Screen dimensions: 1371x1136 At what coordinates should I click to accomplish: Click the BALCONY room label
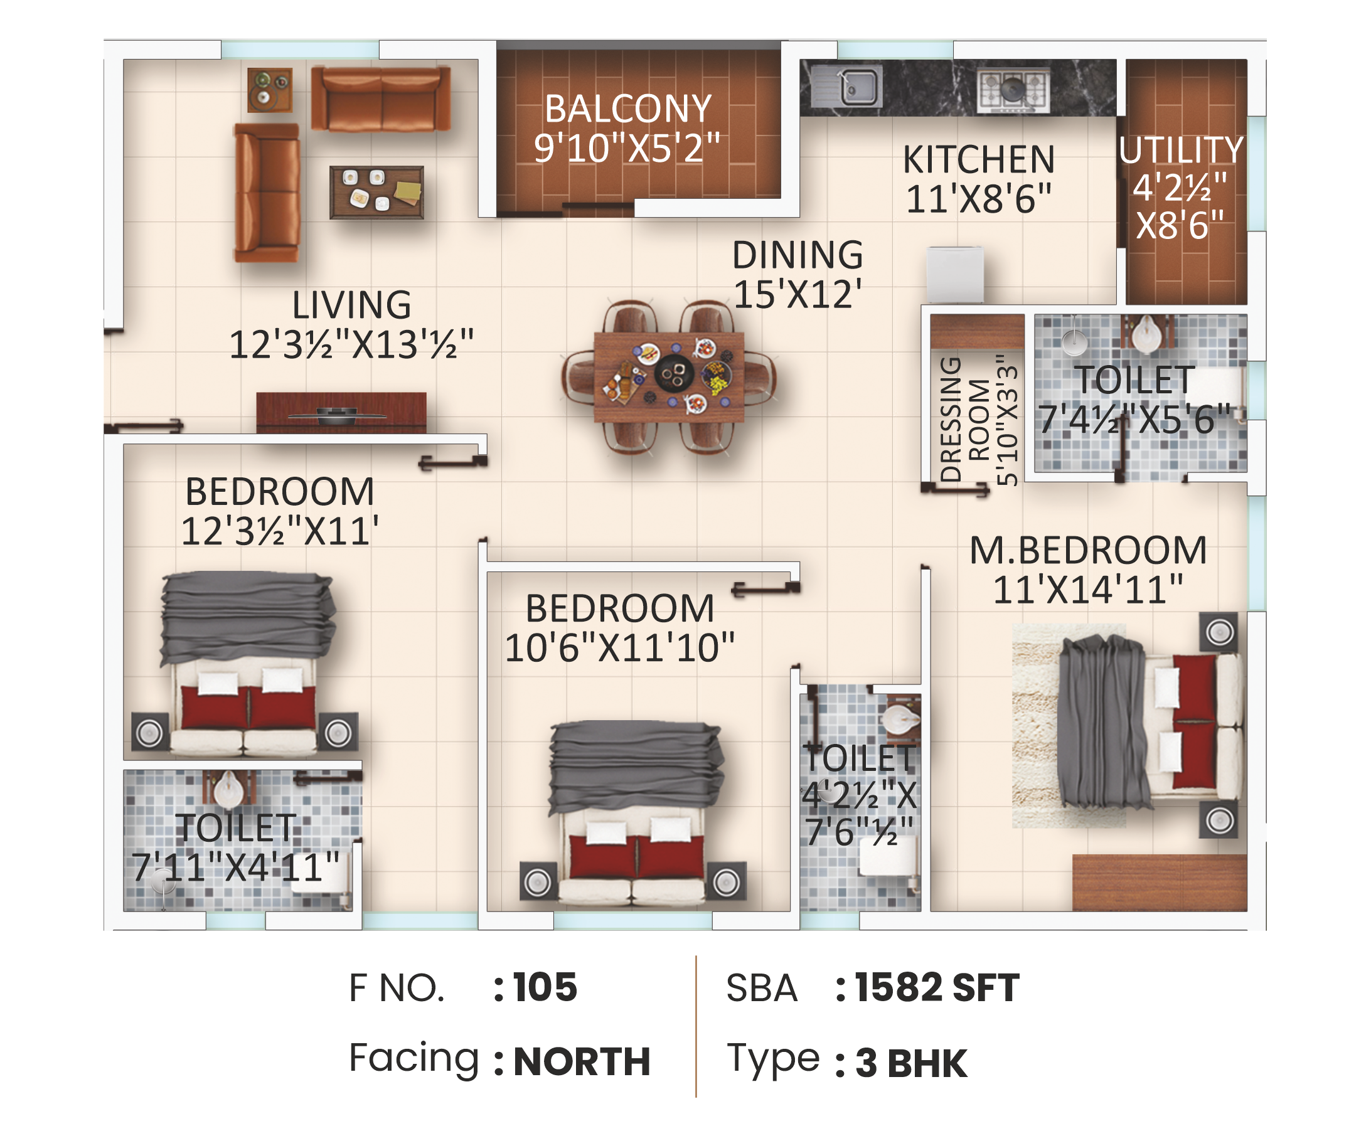coord(627,109)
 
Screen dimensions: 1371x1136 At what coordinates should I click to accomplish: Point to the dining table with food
coord(668,377)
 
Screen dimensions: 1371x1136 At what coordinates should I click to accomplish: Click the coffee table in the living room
coord(376,193)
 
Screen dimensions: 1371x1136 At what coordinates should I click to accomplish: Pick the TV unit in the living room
coord(341,412)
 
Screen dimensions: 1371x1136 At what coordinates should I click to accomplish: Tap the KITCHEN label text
coord(979,159)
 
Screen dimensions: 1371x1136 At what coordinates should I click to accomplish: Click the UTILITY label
coord(1181,150)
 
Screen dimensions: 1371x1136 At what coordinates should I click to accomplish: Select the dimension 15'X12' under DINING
coord(798,294)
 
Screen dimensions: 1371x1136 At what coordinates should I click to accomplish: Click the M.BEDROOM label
coord(1088,550)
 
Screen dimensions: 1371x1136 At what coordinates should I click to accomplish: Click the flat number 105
coord(545,987)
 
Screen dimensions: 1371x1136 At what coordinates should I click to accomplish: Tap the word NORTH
coord(582,1061)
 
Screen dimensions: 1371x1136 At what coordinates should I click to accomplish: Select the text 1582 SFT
coord(937,987)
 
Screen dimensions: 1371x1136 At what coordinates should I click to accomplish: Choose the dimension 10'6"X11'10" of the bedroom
coord(619,648)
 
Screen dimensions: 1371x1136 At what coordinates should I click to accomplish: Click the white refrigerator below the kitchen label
coord(955,275)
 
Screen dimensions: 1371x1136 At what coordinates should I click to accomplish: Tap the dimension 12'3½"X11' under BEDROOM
coord(280,531)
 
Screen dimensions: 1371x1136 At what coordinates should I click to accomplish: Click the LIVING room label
coord(351,305)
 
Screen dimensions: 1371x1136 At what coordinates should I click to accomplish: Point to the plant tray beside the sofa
coord(270,90)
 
